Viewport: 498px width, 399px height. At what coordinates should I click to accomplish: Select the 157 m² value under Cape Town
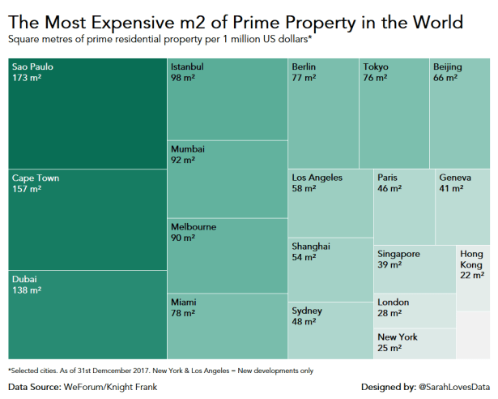click(x=26, y=190)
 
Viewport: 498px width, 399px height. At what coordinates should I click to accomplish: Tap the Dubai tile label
click(x=24, y=279)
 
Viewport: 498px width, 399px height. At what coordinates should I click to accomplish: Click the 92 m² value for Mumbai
click(x=183, y=161)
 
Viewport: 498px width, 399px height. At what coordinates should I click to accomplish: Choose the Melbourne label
click(x=194, y=227)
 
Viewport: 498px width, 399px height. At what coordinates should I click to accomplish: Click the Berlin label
click(x=304, y=66)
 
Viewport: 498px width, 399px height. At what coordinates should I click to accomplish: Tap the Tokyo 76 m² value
click(x=375, y=78)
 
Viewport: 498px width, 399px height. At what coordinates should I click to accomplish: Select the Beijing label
click(x=448, y=66)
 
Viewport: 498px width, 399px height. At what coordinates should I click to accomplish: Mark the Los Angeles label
click(x=317, y=178)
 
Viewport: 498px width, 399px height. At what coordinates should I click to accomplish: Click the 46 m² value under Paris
click(x=389, y=189)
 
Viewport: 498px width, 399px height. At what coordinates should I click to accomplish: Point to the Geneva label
click(x=454, y=178)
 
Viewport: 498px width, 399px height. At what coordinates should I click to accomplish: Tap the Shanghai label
click(x=311, y=246)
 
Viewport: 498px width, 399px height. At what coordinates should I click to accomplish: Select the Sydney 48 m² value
click(x=303, y=322)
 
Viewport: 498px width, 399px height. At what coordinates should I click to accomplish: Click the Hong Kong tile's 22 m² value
click(x=472, y=276)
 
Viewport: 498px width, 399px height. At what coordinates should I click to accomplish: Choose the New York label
click(x=398, y=337)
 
